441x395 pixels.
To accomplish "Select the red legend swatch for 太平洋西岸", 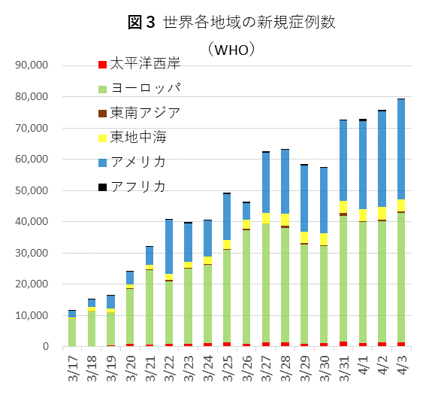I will click(x=103, y=64).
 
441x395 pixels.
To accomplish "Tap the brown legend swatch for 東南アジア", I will click(x=103, y=113).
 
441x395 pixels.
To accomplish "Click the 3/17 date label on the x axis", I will click(x=72, y=369).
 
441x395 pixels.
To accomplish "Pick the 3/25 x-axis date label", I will click(x=227, y=369).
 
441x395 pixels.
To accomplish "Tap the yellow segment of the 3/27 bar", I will click(x=265, y=218).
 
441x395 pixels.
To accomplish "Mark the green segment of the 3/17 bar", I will click(x=72, y=331).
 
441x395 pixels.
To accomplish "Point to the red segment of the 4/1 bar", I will click(x=362, y=344).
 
